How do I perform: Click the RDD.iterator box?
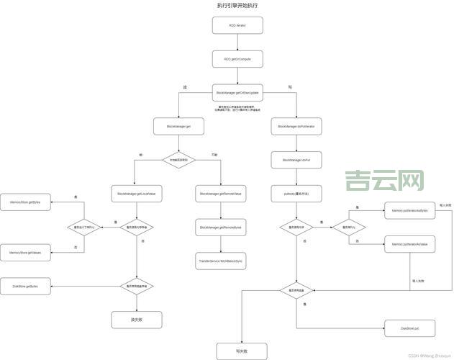click(x=237, y=25)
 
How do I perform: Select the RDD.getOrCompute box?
click(x=237, y=58)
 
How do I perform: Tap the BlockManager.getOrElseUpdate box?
click(x=237, y=93)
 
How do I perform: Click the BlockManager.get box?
click(x=178, y=126)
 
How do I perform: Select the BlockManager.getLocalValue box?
click(x=136, y=194)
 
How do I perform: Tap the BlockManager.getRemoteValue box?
click(x=221, y=194)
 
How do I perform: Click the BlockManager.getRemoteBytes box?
click(x=221, y=228)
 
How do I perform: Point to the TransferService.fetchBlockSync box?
click(x=221, y=260)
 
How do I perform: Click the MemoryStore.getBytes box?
click(x=25, y=203)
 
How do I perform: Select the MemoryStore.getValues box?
click(x=25, y=253)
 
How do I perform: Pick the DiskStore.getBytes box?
click(x=25, y=286)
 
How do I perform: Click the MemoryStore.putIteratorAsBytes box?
click(x=409, y=210)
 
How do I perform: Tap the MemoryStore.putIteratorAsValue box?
click(x=409, y=245)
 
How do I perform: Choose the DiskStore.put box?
click(x=409, y=328)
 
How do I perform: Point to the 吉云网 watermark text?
click(x=384, y=181)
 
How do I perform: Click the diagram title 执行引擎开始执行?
click(x=237, y=5)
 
